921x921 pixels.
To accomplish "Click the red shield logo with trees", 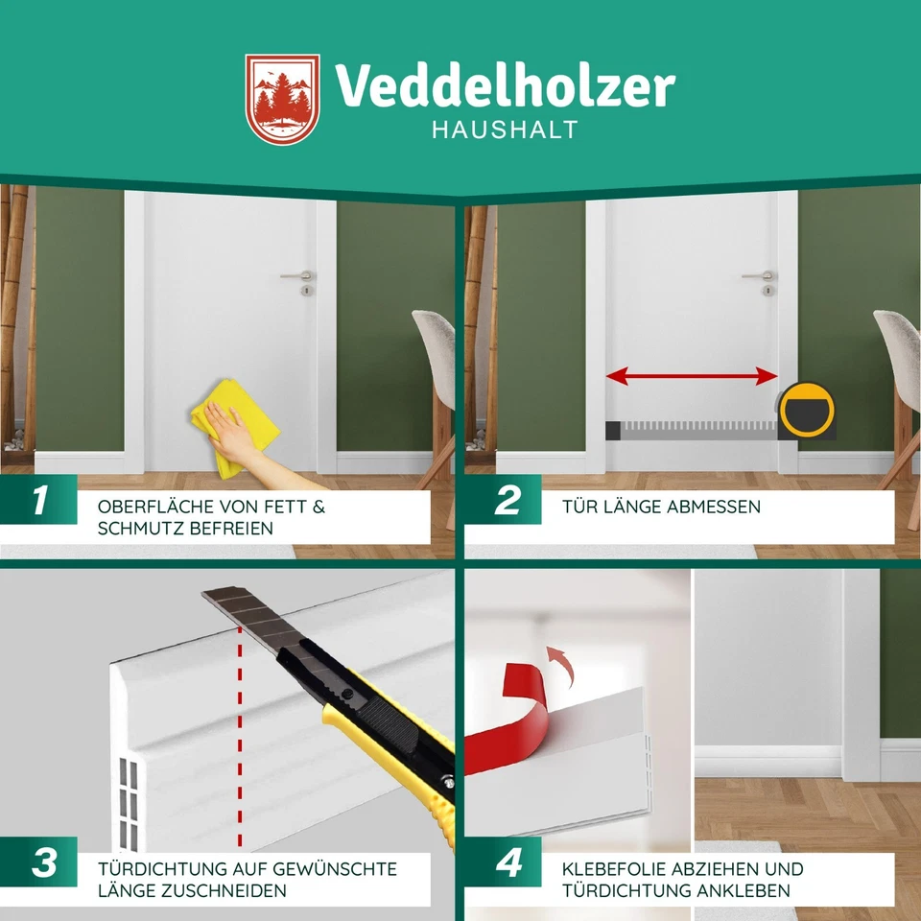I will click(x=281, y=99).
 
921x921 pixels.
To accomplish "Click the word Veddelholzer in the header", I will click(x=505, y=87).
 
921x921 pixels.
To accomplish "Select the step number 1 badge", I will click(x=39, y=501).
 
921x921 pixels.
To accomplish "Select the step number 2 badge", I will click(x=507, y=501).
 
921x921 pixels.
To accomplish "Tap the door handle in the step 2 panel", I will click(x=761, y=276).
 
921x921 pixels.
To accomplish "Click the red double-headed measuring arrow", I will click(x=691, y=377).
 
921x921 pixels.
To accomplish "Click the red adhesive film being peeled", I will click(x=508, y=715).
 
